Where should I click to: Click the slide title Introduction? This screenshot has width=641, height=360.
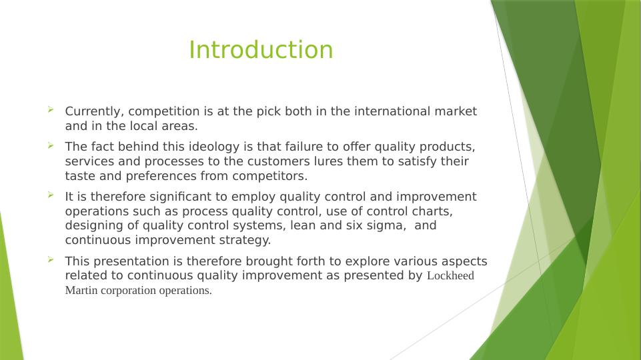[261, 50]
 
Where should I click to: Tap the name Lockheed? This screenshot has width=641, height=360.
[450, 276]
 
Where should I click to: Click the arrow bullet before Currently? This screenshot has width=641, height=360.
[51, 109]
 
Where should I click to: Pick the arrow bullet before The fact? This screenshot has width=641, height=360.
[51, 144]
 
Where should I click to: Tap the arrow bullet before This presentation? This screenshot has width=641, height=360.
[51, 259]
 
